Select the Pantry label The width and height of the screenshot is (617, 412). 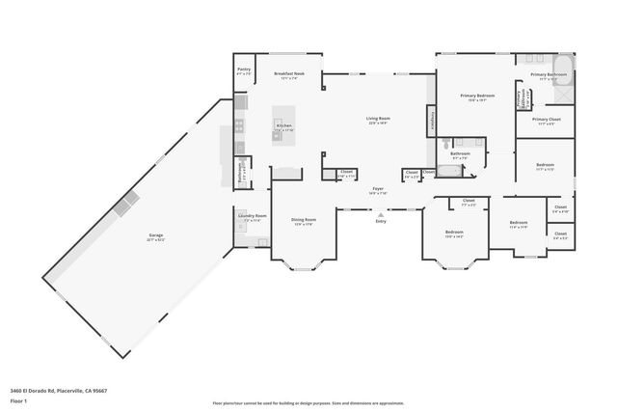tap(244, 71)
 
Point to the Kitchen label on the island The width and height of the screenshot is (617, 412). tap(283, 127)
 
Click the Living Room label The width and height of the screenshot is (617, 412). tap(377, 121)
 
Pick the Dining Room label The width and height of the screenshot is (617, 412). tap(304, 222)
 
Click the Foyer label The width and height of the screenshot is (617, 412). tap(378, 191)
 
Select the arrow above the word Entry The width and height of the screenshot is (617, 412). tap(381, 214)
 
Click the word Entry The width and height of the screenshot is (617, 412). tap(381, 222)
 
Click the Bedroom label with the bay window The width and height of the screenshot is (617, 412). tap(454, 233)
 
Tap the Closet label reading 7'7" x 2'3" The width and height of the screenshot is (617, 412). tap(469, 203)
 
